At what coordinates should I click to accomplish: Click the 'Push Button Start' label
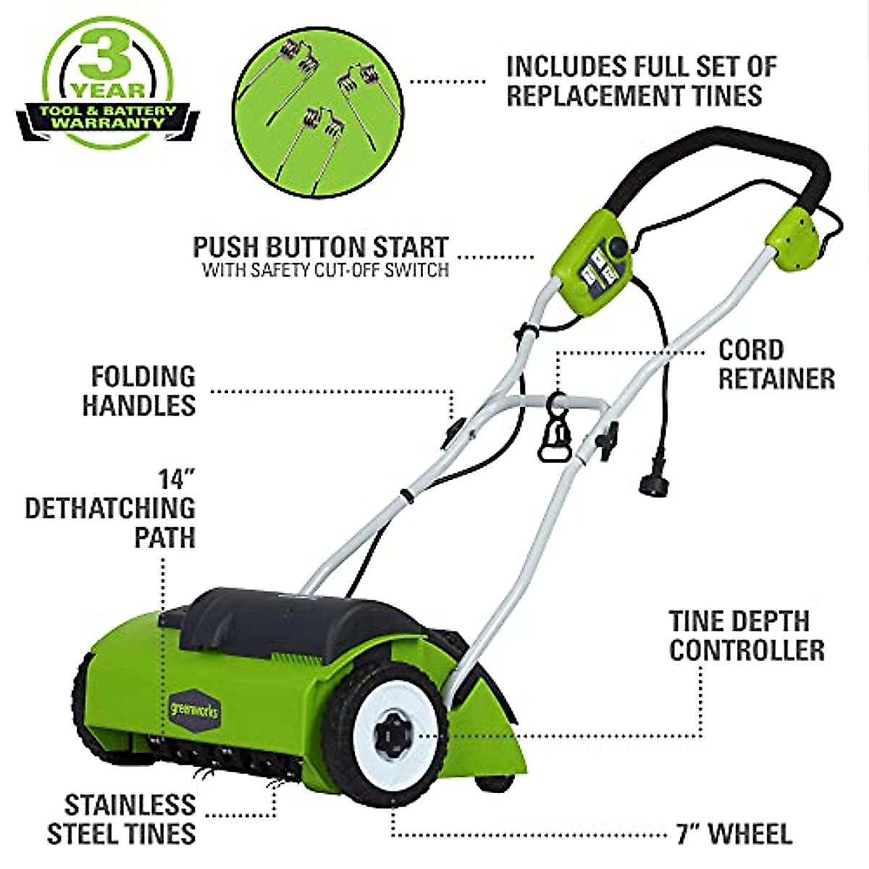pos(320,248)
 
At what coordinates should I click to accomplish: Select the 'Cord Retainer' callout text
pos(776,364)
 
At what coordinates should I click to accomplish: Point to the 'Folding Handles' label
pos(139,391)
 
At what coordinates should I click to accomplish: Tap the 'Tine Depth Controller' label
pos(746,635)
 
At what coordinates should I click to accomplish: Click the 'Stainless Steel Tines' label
pos(122,820)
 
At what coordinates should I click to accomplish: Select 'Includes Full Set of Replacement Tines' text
pos(641,80)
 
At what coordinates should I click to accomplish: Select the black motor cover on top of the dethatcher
pos(290,616)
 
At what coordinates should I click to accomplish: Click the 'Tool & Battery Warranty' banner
pos(108,117)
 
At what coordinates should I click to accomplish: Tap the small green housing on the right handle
pos(794,239)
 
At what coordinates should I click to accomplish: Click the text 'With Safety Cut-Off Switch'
pos(325,271)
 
